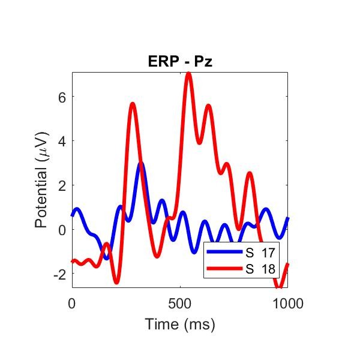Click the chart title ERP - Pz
[x=179, y=62]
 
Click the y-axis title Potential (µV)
[x=41, y=180]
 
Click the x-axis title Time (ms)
[x=179, y=325]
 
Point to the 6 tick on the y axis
[x=61, y=97]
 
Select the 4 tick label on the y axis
[x=61, y=141]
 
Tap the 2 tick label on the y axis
[x=61, y=185]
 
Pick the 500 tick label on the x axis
[x=180, y=304]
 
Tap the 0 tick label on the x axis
[x=72, y=304]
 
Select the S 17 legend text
[x=260, y=253]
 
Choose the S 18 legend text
[x=260, y=269]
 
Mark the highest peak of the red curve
[x=188, y=74]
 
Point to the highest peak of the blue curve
[x=140, y=164]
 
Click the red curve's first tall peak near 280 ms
[x=133, y=104]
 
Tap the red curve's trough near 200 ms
[x=116, y=281]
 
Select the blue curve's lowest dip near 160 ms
[x=106, y=258]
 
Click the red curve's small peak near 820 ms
[x=249, y=174]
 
